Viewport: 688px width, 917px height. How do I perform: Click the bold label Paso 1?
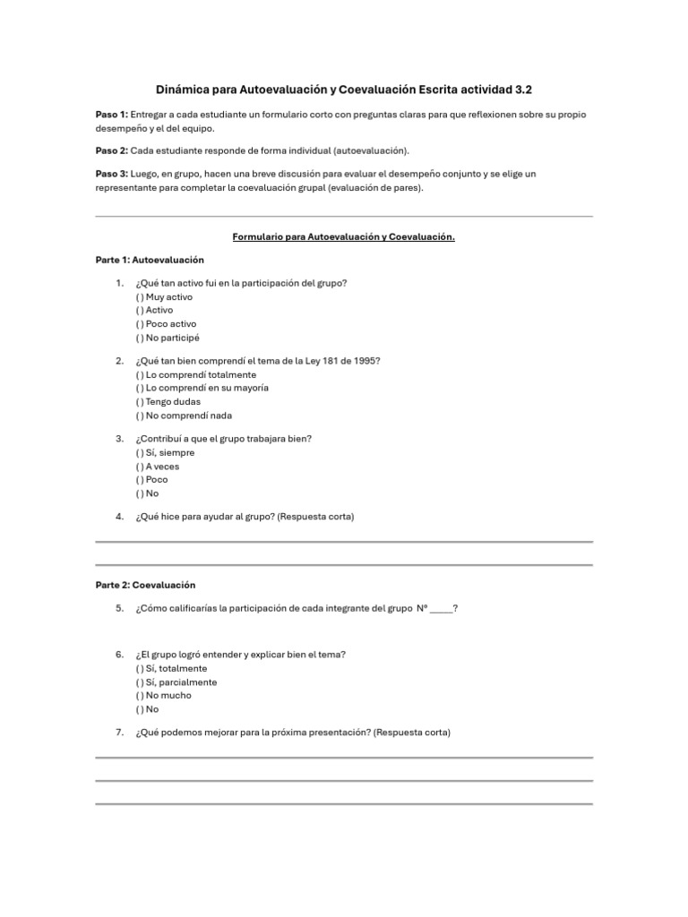pyautogui.click(x=112, y=116)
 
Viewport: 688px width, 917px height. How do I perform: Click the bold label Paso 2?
pyautogui.click(x=112, y=150)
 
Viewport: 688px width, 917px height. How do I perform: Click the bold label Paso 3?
pyautogui.click(x=112, y=174)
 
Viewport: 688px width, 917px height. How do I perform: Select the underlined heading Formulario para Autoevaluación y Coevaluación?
pyautogui.click(x=344, y=237)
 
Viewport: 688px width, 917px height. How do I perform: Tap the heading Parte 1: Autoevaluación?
pyautogui.click(x=150, y=260)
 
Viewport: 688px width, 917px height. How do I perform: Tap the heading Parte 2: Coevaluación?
pyautogui.click(x=145, y=585)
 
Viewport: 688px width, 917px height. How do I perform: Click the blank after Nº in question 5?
pyautogui.click(x=441, y=609)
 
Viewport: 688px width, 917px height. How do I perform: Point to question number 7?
pyautogui.click(x=119, y=733)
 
